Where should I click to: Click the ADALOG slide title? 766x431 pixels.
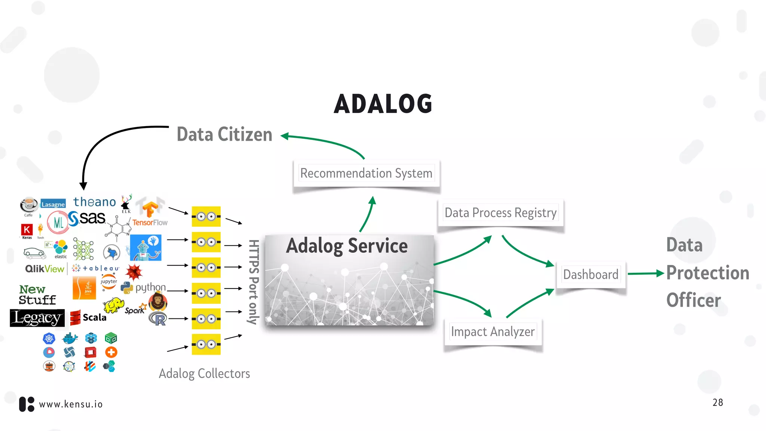(x=383, y=104)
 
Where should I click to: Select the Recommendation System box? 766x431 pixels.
(x=366, y=173)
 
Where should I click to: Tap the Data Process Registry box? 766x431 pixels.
(x=500, y=213)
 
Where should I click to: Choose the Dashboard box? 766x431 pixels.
(x=591, y=274)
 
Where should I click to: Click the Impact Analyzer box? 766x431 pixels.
(x=493, y=331)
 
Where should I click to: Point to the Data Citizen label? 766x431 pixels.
(x=224, y=135)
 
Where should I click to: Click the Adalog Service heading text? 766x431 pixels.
(x=347, y=246)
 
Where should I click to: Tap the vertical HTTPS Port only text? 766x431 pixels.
(x=254, y=282)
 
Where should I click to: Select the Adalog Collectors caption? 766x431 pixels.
(x=204, y=373)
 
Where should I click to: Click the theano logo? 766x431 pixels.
(x=95, y=202)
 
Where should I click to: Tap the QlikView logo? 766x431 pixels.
(x=45, y=269)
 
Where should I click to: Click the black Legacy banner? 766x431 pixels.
(x=37, y=318)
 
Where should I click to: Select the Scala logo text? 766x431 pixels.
(x=94, y=318)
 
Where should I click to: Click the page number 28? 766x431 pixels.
(x=717, y=403)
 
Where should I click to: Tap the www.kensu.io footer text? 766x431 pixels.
(x=71, y=404)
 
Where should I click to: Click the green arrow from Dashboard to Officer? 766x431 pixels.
(x=645, y=274)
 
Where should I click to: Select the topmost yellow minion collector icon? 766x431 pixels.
(x=206, y=216)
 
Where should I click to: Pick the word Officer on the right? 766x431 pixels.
(x=693, y=300)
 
